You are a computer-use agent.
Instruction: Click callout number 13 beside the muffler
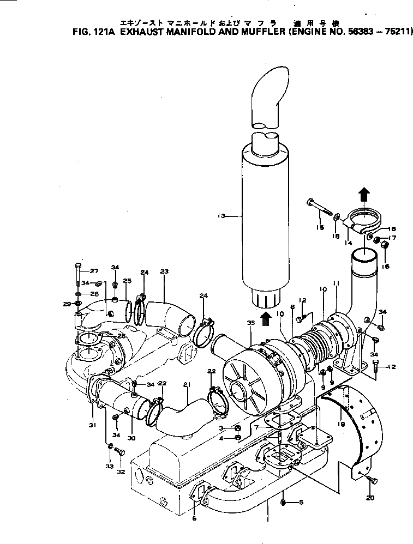pos(221,216)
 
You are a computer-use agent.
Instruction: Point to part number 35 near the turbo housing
pos(250,323)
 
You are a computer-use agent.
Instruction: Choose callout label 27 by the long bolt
pos(93,270)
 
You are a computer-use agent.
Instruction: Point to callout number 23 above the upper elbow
pos(164,271)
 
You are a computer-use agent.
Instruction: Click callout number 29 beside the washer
pos(67,304)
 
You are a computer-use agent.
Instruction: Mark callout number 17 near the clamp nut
pos(392,238)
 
